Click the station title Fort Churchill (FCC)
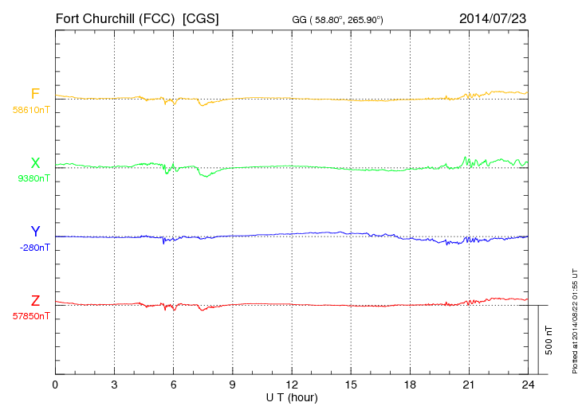pyautogui.click(x=115, y=18)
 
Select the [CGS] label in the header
pyautogui.click(x=201, y=18)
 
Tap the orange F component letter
pyautogui.click(x=35, y=94)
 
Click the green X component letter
pyautogui.click(x=35, y=163)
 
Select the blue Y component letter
pyautogui.click(x=35, y=232)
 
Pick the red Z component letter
pyautogui.click(x=35, y=301)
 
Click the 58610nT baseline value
pyautogui.click(x=31, y=110)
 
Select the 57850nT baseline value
pyautogui.click(x=31, y=316)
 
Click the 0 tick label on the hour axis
pyautogui.click(x=55, y=385)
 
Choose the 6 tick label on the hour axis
pyautogui.click(x=173, y=385)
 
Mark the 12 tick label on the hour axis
pyautogui.click(x=292, y=385)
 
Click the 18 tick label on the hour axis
pyautogui.click(x=410, y=385)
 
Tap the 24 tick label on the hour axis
pyautogui.click(x=528, y=385)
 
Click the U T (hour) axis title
pyautogui.click(x=292, y=397)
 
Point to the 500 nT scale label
pyautogui.click(x=549, y=340)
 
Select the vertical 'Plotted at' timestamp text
pyautogui.click(x=575, y=319)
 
